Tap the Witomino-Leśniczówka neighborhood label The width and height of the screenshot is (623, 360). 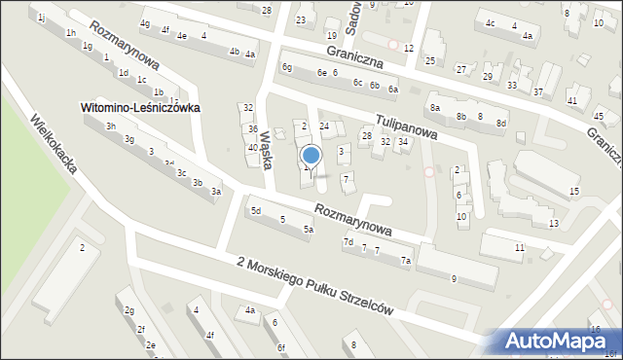(x=140, y=108)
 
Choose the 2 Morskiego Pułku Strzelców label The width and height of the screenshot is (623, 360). (x=314, y=285)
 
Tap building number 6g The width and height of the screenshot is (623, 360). (x=286, y=67)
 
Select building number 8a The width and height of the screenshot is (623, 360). (x=435, y=107)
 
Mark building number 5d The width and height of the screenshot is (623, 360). (x=256, y=210)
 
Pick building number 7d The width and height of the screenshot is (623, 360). (x=348, y=241)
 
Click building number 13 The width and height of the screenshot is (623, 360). (x=553, y=224)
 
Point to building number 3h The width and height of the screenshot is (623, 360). (x=111, y=126)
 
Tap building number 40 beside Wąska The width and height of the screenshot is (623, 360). (x=252, y=148)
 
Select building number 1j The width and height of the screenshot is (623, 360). (x=41, y=18)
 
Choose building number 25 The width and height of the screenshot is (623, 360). (x=430, y=61)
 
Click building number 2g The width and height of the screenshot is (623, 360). (x=128, y=310)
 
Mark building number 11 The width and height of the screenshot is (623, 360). (x=520, y=248)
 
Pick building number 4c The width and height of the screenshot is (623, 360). (x=491, y=23)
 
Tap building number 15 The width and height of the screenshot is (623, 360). (x=574, y=191)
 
